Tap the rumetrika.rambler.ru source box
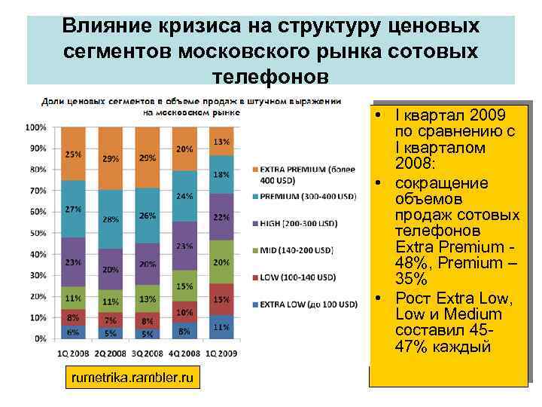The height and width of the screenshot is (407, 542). tap(132, 377)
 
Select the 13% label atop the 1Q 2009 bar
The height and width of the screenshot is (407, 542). tap(221, 142)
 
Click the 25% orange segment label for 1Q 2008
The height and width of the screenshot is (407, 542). tap(74, 155)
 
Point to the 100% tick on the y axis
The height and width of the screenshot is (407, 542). tap(35, 127)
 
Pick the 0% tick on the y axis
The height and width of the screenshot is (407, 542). tap(40, 339)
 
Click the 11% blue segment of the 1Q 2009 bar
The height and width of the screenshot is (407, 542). tap(221, 327)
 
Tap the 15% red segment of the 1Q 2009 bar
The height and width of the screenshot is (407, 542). tap(221, 299)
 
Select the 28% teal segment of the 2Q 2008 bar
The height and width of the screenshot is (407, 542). tap(111, 219)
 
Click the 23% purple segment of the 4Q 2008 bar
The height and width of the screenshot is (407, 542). tap(184, 246)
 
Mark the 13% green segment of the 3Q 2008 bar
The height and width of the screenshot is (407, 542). tap(148, 300)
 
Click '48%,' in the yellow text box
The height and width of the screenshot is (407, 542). tap(415, 264)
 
